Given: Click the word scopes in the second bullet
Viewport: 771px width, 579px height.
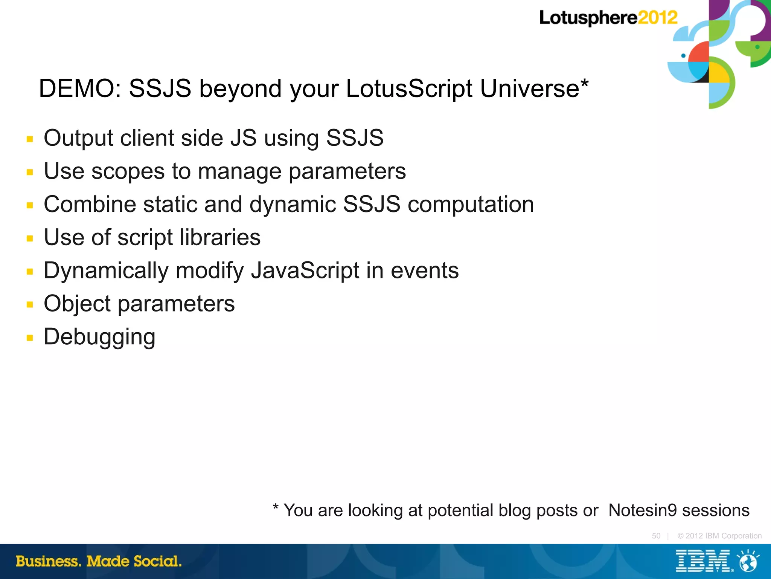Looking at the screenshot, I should pyautogui.click(x=128, y=171).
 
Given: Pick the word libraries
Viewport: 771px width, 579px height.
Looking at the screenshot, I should pyautogui.click(x=220, y=237).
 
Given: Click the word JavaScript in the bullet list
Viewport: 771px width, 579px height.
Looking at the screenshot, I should pyautogui.click(x=305, y=271).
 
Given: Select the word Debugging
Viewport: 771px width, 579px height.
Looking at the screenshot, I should pyautogui.click(x=99, y=337).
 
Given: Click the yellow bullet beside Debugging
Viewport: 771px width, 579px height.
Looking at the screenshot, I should pyautogui.click(x=30, y=338).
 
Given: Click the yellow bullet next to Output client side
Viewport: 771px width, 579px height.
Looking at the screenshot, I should pyautogui.click(x=30, y=139).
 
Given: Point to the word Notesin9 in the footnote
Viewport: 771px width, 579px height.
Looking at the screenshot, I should pyautogui.click(x=643, y=510).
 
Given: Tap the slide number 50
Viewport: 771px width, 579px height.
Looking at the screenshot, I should pyautogui.click(x=656, y=536).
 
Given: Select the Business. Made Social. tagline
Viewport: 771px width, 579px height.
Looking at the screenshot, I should pyautogui.click(x=99, y=561).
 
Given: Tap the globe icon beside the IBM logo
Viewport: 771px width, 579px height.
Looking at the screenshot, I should pyautogui.click(x=748, y=561).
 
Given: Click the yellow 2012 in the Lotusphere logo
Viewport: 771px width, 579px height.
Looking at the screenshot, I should pyautogui.click(x=658, y=18).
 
